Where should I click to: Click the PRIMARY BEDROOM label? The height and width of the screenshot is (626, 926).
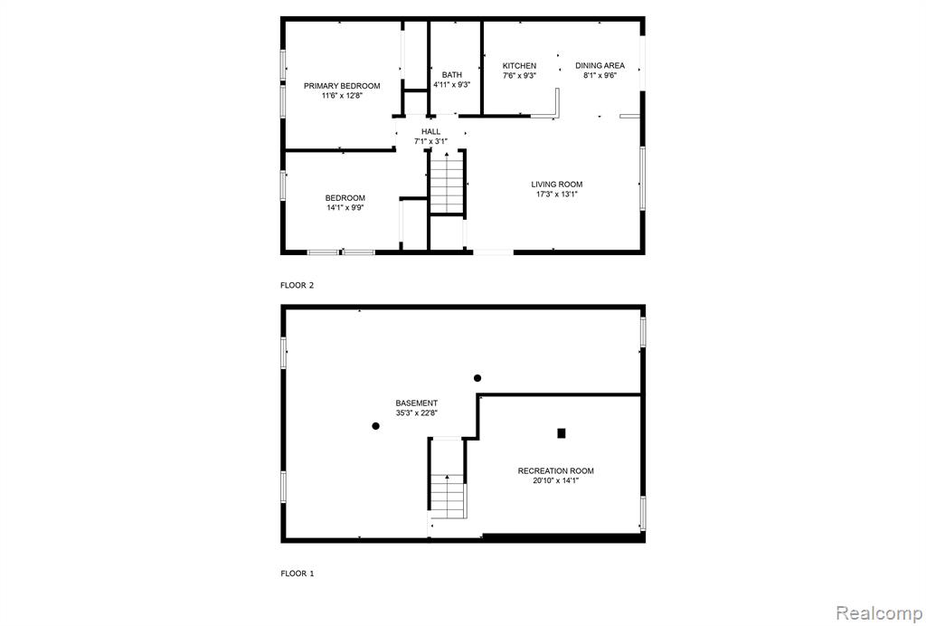click(x=342, y=86)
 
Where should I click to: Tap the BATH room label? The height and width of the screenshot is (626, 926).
click(x=452, y=75)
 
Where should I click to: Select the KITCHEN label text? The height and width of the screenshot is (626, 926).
click(x=519, y=65)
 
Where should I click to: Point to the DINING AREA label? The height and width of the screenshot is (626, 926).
click(x=600, y=65)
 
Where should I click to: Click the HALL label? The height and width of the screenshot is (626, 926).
click(x=430, y=132)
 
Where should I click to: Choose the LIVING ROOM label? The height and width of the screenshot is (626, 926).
click(x=556, y=185)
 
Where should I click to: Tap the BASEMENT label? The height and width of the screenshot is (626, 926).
click(x=416, y=403)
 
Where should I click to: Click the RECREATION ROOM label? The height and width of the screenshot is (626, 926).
click(x=556, y=470)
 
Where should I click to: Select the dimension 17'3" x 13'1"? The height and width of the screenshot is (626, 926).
click(x=556, y=194)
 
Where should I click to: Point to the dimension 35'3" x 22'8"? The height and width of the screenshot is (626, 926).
click(x=416, y=413)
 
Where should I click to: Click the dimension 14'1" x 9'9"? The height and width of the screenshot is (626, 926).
click(x=345, y=207)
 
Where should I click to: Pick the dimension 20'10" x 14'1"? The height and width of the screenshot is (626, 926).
click(x=556, y=480)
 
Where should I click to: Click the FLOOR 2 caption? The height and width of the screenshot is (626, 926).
click(x=297, y=285)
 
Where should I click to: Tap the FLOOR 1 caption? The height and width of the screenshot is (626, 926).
click(x=297, y=574)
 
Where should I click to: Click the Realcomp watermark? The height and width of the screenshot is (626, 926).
click(x=879, y=613)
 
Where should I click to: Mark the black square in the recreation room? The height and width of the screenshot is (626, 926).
click(x=562, y=433)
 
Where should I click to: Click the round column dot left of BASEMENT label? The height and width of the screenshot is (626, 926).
click(x=375, y=426)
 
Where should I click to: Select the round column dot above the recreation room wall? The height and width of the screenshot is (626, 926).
click(x=477, y=378)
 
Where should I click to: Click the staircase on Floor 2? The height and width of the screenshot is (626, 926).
click(x=447, y=182)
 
